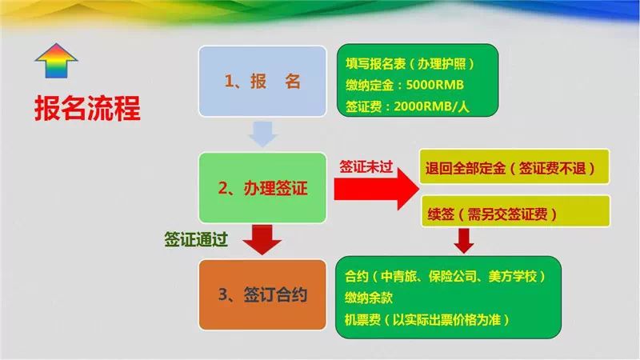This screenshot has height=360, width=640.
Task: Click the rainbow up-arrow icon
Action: tap(56, 61)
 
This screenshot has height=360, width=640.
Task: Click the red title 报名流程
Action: tap(87, 108)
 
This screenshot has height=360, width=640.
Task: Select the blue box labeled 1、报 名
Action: tap(262, 82)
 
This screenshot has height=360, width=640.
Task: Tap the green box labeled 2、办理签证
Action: tap(262, 188)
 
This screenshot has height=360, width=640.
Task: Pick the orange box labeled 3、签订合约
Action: tap(262, 294)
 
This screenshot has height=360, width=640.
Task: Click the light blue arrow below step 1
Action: tap(263, 134)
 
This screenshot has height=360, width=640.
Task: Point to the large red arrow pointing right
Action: tap(376, 190)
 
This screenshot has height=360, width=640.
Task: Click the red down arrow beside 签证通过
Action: tap(262, 239)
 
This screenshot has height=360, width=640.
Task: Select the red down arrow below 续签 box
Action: tap(464, 241)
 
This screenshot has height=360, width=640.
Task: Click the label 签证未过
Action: tap(366, 166)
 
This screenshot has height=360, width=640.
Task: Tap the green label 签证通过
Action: tap(196, 239)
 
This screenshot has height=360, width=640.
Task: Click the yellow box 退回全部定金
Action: tap(514, 167)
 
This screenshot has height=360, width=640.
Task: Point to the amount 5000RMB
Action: tap(434, 85)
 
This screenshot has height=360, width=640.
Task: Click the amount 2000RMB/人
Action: tap(431, 106)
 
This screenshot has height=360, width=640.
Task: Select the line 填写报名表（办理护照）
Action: tap(410, 64)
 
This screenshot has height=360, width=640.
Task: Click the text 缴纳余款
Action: tap(369, 298)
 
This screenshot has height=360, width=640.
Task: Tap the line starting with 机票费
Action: tap(427, 319)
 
